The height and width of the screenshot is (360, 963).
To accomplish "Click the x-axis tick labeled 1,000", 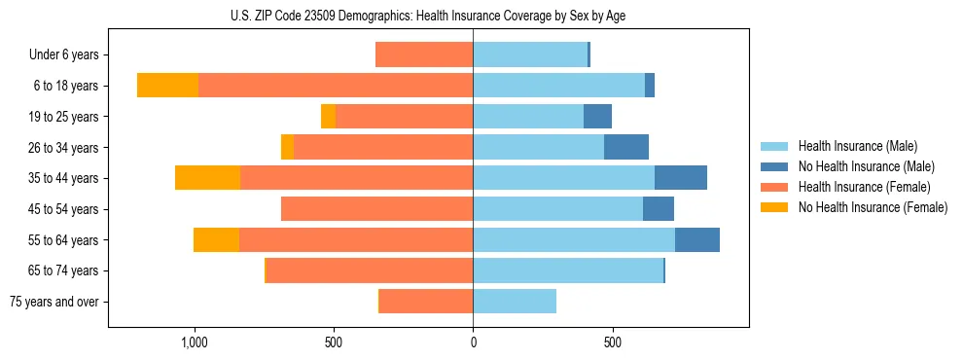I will point(195,342).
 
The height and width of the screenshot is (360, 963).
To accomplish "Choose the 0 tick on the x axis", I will point(473,342).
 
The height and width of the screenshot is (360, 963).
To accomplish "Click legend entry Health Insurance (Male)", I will point(857,146).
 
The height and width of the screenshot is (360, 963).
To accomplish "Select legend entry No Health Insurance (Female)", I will point(872,207).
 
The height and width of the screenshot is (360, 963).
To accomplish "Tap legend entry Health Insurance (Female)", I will point(864,187).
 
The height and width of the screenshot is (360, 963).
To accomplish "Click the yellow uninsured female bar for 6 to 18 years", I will point(167,86).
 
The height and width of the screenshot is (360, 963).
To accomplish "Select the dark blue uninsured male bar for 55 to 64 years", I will point(697,239).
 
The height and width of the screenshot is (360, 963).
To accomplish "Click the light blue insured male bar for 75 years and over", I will point(515,302).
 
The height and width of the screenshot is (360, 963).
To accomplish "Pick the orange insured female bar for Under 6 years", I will point(424,55).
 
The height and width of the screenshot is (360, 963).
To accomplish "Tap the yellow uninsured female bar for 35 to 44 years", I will point(207,178).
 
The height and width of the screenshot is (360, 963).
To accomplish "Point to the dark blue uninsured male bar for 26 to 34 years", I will point(626,147).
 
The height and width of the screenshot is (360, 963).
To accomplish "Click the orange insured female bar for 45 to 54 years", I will point(376,209).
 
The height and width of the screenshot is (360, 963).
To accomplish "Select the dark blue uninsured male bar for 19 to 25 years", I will point(597,117).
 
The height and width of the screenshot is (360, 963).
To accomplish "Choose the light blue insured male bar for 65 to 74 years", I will point(568,270).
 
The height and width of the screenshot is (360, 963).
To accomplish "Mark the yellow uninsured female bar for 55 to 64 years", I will point(216,239).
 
